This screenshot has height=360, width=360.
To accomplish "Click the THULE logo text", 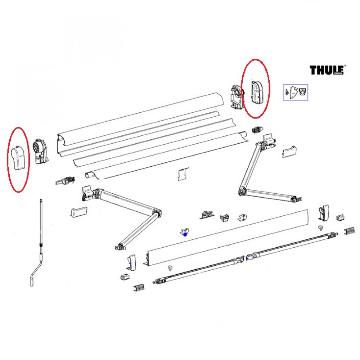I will (327, 70).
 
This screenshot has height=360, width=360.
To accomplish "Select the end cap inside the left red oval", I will (18, 159).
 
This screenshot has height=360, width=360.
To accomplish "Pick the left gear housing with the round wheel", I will (40, 151).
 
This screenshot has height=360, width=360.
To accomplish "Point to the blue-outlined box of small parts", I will (296, 92).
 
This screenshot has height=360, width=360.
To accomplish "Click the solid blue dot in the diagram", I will (185, 234).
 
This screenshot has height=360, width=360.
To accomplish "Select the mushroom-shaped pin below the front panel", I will (169, 267).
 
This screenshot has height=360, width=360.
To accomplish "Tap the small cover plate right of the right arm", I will (289, 152).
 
